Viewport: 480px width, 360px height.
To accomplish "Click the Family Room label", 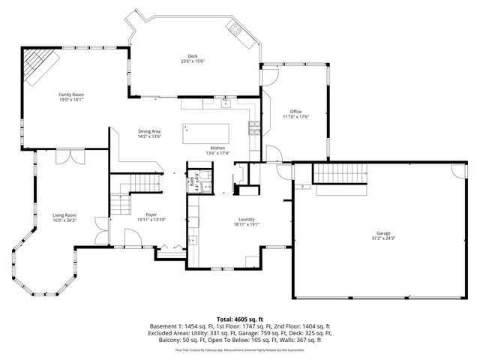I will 70,94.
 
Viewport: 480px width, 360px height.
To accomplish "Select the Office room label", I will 295,112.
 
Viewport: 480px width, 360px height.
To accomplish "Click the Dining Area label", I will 149,131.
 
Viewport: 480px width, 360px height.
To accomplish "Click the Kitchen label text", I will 217,148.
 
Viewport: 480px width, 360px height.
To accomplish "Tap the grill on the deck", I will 235,31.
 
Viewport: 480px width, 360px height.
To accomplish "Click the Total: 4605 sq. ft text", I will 240,319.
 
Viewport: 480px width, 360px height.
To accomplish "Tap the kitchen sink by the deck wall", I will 216,104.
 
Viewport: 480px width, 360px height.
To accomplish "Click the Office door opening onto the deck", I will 270,74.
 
